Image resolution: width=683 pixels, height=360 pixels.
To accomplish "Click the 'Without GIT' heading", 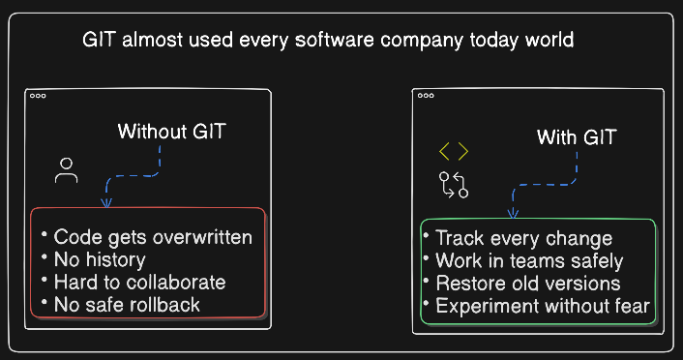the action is tap(171, 132).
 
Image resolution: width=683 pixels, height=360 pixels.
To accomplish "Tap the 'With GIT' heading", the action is tap(577, 137).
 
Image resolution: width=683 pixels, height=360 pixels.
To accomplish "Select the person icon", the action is tap(66, 170).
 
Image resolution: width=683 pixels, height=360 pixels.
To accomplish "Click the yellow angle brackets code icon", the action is tap(454, 151).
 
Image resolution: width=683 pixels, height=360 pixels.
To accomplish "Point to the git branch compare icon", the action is tap(454, 185).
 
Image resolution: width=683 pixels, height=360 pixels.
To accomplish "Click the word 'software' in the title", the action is tap(334, 40).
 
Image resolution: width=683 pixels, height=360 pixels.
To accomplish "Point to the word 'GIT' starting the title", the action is tap(99, 40).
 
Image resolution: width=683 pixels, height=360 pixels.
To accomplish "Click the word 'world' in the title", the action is tap(549, 40).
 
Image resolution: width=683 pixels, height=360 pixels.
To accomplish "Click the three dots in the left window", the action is tap(38, 96).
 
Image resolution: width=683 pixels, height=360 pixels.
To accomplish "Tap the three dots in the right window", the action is tap(426, 96).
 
